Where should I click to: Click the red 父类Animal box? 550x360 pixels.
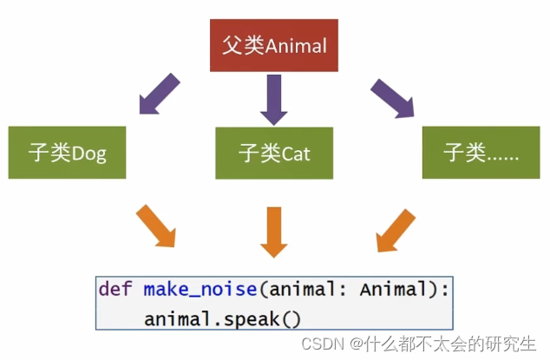274,45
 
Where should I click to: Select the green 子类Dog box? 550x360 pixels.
67,154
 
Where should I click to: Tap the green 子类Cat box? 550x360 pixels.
275,154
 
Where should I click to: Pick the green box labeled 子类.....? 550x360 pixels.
481,154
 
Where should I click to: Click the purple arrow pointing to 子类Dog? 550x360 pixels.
159,96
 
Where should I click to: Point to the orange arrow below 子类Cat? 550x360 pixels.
274,230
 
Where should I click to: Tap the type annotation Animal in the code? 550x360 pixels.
397,289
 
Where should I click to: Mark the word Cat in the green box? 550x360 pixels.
296,154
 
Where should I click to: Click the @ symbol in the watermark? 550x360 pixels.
356,344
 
